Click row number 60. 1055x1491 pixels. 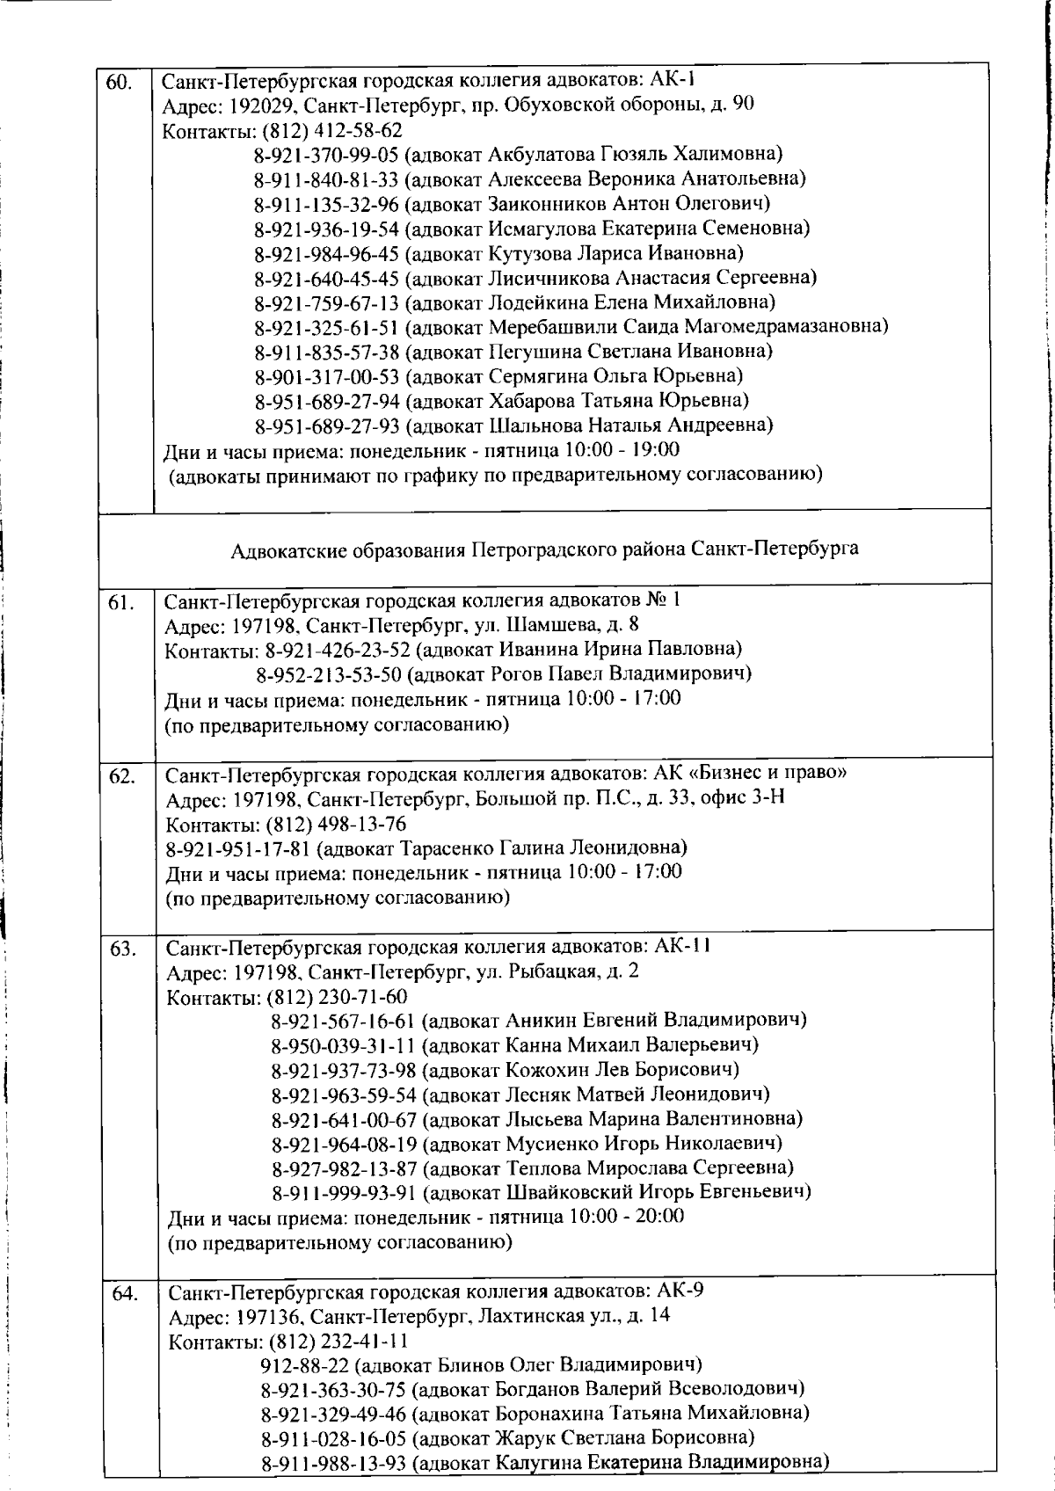click(x=119, y=84)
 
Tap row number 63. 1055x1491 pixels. click(x=122, y=949)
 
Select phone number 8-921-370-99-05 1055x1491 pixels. click(x=326, y=155)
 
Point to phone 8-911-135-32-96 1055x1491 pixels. click(x=326, y=204)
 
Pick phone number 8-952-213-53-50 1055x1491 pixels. click(x=329, y=674)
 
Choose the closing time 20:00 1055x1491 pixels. click(x=659, y=1217)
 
